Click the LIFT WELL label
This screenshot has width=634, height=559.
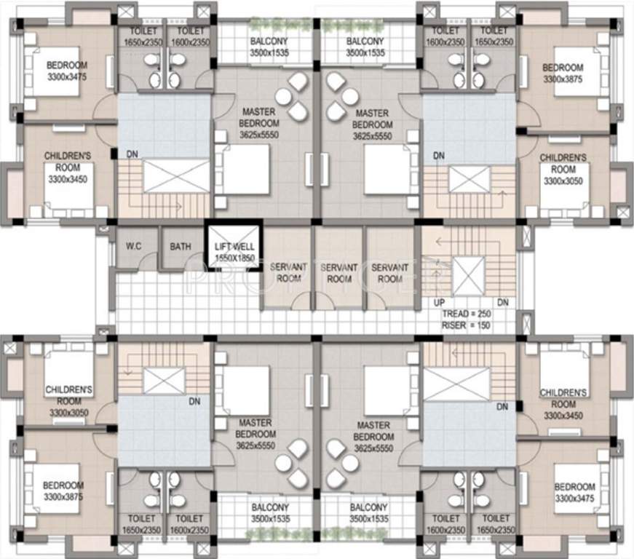point(234,247)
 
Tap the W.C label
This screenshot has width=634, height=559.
point(134,246)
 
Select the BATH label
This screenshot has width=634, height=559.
point(181,246)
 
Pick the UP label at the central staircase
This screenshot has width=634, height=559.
point(439,302)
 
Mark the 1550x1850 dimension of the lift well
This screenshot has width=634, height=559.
point(234,258)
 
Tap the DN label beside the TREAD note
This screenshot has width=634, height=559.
point(502,302)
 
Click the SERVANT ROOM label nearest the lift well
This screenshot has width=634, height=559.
point(288,273)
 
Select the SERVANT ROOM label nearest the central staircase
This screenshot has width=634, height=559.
point(390,273)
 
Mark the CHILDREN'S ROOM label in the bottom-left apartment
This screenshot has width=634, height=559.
point(68,395)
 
